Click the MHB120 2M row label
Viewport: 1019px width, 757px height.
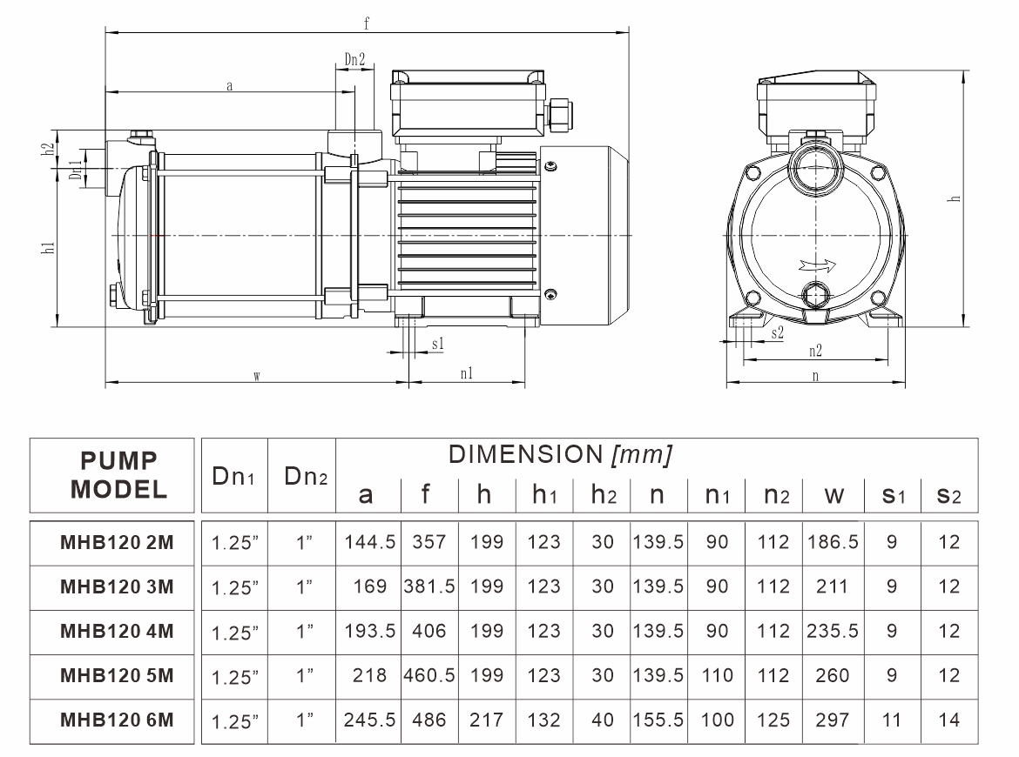point(116,542)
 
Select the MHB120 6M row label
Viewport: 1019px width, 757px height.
point(116,720)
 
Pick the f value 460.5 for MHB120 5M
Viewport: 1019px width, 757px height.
point(429,675)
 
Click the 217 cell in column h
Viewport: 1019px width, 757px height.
point(487,720)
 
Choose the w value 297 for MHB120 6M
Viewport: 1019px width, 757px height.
point(833,720)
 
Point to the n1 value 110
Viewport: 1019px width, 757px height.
point(717,675)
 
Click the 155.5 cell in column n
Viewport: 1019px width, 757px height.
point(658,720)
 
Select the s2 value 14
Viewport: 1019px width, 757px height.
point(949,720)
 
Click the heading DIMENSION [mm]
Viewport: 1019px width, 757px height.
point(559,454)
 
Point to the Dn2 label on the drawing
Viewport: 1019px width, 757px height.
point(354,60)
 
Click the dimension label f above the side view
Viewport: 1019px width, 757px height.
point(368,24)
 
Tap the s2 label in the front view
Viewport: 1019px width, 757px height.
point(778,333)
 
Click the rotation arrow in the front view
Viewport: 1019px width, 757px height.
point(813,265)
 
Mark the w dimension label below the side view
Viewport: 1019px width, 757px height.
point(256,376)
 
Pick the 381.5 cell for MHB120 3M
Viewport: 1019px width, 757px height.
point(429,586)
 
